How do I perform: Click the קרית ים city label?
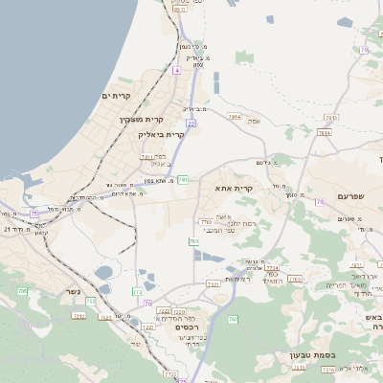(x=115, y=96)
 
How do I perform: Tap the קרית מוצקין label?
(x=141, y=120)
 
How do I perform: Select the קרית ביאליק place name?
(x=158, y=135)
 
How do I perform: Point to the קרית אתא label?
(x=235, y=189)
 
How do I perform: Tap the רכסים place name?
(x=190, y=326)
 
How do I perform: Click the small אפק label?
(x=254, y=122)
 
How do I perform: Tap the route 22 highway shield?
(x=191, y=124)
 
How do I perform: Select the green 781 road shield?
(x=183, y=179)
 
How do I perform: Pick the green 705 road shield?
(x=22, y=290)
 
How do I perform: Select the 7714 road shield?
(x=272, y=268)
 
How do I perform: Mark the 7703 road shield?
(x=204, y=222)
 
